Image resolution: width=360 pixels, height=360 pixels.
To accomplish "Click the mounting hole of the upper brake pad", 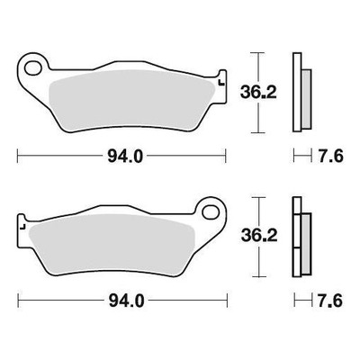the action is (33, 68).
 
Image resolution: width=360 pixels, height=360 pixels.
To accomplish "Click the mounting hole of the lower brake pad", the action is (211, 212).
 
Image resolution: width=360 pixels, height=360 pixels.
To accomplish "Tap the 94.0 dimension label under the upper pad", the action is (125, 157).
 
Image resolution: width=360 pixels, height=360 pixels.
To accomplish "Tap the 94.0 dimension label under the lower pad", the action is (126, 301).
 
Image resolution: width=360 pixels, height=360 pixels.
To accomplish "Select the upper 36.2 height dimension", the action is (258, 93).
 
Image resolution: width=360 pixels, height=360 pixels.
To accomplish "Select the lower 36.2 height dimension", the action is (259, 236).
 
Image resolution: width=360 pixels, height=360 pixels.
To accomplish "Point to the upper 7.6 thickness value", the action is (330, 156).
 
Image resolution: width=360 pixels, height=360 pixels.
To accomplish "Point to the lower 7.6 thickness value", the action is (330, 301).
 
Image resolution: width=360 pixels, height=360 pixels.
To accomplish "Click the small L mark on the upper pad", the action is (221, 83).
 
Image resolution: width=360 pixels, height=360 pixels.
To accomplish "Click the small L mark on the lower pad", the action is (22, 227).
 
